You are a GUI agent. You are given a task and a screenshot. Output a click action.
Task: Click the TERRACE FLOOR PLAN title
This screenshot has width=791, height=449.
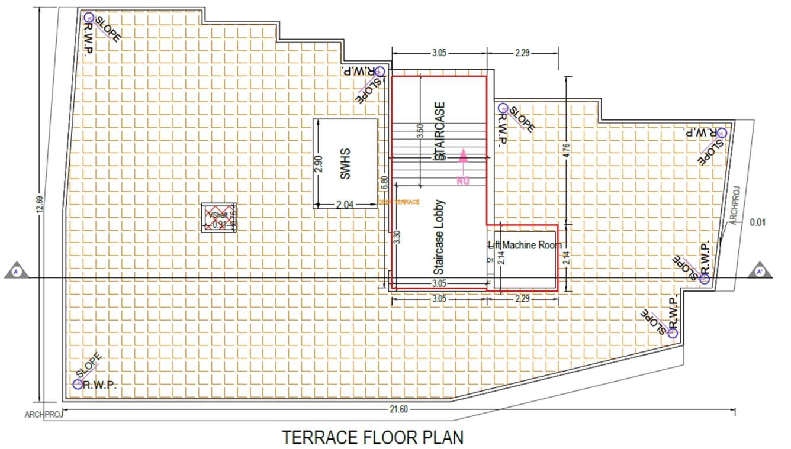click(372, 437)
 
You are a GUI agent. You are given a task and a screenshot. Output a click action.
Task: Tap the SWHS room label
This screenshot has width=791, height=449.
click(346, 164)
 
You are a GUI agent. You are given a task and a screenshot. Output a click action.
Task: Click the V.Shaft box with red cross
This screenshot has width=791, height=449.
click(218, 217)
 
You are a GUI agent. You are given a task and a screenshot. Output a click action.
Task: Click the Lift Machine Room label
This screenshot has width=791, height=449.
click(525, 245)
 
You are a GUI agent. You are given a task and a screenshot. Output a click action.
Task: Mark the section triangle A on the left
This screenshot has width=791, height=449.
click(17, 271)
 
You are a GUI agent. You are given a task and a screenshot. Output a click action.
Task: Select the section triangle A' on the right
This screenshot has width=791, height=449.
click(760, 271)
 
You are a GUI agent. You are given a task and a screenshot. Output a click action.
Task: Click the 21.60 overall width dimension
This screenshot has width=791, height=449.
click(398, 409)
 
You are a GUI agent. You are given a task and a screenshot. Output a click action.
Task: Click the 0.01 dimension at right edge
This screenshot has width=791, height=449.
click(757, 222)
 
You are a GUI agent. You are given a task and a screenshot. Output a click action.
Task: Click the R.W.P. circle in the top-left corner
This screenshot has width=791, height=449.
click(88, 17)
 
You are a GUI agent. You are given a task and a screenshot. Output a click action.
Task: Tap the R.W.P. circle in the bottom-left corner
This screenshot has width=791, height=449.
click(78, 384)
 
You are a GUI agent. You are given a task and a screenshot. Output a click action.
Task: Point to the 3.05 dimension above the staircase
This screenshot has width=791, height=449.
click(439, 53)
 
